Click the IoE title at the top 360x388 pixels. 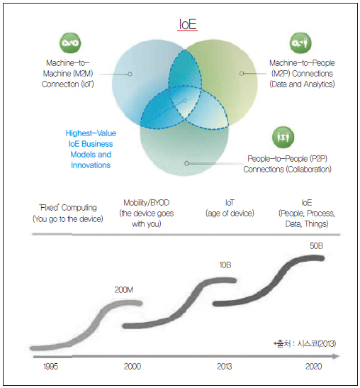(187, 25)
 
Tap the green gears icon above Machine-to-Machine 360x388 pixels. (70, 43)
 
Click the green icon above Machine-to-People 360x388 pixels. (300, 43)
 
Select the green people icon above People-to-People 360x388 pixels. (283, 137)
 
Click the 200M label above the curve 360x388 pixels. (123, 290)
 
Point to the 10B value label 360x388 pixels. (225, 265)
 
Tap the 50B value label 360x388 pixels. (316, 245)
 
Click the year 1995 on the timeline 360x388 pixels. (51, 367)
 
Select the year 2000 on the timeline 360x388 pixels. (133, 367)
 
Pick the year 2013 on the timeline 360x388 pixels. (225, 367)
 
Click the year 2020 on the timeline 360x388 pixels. (314, 367)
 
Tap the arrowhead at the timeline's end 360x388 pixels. (336, 356)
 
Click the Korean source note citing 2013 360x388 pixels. (305, 344)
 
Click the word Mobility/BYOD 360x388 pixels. (147, 203)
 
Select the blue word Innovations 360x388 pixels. (91, 165)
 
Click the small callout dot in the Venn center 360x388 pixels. (184, 101)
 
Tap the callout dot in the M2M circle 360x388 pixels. (130, 74)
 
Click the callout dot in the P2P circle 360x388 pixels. (186, 163)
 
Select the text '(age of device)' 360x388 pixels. (230, 214)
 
